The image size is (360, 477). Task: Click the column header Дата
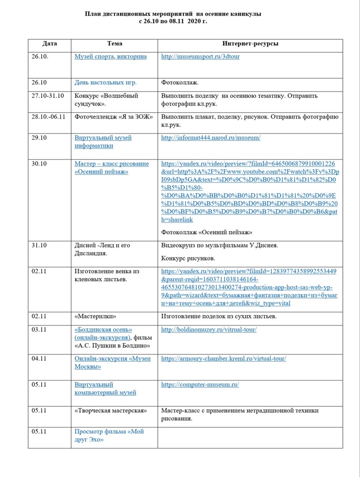[x=49, y=44]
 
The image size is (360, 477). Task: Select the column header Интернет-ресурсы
[x=250, y=44]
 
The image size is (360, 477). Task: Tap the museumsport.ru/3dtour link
[x=201, y=57]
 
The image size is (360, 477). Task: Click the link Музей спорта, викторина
[x=110, y=57]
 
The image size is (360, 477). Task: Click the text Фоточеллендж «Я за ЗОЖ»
[x=114, y=117]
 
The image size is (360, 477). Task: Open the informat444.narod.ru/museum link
[x=211, y=138]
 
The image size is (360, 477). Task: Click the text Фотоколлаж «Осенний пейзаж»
[x=206, y=232]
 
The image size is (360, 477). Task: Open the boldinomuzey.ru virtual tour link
[x=209, y=329]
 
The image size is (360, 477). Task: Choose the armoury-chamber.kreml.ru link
[x=224, y=359]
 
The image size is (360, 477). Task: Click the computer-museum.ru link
[x=200, y=385]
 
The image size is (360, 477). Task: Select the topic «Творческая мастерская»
[x=110, y=411]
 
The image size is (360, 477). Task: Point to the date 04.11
[x=39, y=359]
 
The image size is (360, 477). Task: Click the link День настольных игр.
[x=106, y=83]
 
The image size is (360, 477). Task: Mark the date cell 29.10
[x=40, y=138]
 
